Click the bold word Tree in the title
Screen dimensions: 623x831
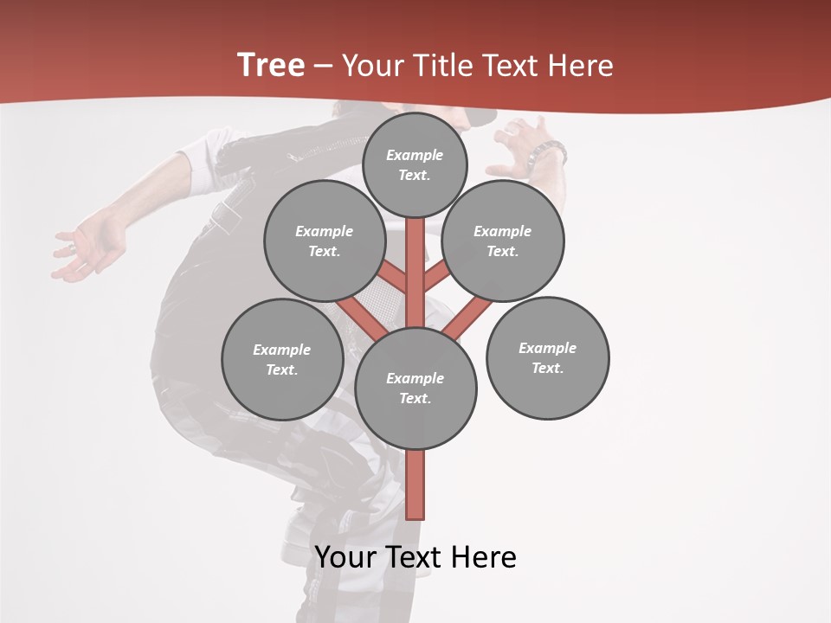coord(271,66)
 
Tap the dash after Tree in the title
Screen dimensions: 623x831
coord(323,67)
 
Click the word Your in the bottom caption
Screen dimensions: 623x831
coord(346,557)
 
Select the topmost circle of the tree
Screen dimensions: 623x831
coord(415,164)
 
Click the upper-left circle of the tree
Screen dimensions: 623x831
coord(324,241)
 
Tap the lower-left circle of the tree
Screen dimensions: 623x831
coord(282,360)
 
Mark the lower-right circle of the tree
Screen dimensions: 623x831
coord(547,358)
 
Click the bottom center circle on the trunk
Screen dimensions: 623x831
coord(415,389)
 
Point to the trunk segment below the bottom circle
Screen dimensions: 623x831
coord(415,485)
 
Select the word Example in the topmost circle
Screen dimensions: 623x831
coord(415,155)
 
